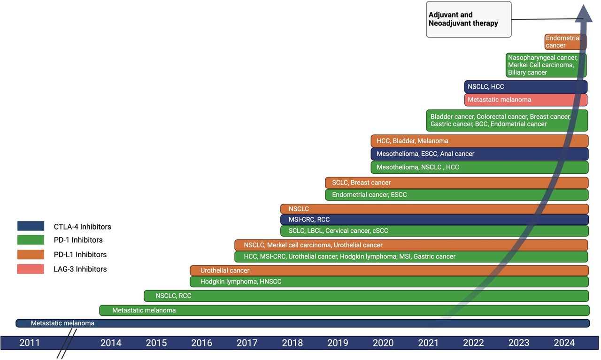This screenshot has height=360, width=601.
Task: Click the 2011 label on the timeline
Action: pos(30,343)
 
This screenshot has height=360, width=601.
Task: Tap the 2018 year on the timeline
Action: pos(292,343)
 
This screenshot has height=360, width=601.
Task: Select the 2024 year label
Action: pos(564,343)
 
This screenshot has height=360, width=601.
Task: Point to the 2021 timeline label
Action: pos(428,343)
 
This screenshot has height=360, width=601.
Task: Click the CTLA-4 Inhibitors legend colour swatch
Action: pos(31,226)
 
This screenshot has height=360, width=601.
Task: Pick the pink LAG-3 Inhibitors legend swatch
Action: pos(31,269)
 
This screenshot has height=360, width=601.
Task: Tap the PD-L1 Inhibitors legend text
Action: pos(80,254)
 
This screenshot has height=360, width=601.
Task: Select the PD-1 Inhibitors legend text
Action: pos(78,240)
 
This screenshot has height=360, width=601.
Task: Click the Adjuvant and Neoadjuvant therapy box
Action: pos(469,19)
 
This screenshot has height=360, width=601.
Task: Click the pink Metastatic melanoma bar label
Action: pos(499,100)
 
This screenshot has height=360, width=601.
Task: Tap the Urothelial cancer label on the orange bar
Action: pos(225,270)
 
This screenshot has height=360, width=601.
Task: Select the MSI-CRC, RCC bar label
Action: pos(309,220)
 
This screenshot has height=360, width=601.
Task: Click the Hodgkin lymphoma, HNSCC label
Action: pos(241,282)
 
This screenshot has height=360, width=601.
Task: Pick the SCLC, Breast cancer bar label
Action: pos(362,183)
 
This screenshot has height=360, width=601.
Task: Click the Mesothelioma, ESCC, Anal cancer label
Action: pos(425,153)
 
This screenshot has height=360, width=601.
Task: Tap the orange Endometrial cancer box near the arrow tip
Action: pos(565,42)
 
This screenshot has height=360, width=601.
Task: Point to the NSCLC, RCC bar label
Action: pos(173,296)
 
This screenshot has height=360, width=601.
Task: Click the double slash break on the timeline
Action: pos(67,344)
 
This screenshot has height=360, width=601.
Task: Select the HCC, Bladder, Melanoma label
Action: pos(412,141)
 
